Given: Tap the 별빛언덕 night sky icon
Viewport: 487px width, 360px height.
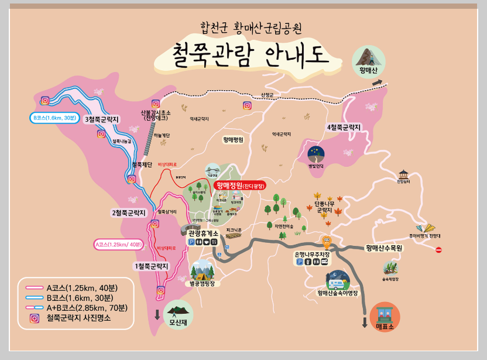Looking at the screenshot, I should point(316,155).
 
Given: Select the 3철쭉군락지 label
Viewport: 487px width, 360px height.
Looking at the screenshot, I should point(102,119).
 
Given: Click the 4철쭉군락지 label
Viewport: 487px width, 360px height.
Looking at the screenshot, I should point(344,127).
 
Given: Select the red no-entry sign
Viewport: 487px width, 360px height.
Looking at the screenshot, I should point(439,250).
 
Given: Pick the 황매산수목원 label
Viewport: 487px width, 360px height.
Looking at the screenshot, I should point(385,248).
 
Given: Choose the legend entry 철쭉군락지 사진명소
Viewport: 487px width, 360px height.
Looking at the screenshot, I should point(78,319).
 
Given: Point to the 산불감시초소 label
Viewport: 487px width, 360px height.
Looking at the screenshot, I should point(155,113).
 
